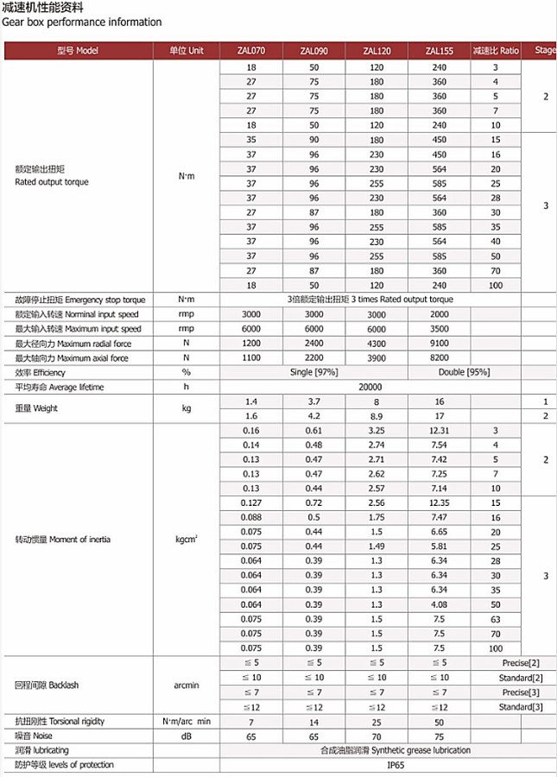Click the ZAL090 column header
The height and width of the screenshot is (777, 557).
(313, 51)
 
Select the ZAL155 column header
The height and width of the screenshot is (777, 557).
(440, 51)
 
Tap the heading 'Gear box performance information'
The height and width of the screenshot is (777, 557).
(82, 22)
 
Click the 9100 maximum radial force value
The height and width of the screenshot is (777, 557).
(440, 344)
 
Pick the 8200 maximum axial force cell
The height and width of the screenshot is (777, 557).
(440, 357)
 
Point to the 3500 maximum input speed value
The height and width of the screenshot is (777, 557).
(440, 329)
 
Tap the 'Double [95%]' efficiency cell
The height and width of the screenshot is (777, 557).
(466, 372)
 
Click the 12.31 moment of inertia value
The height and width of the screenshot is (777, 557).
(440, 430)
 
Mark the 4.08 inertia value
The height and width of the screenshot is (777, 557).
(440, 604)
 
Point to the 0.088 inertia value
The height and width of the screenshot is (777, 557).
(251, 517)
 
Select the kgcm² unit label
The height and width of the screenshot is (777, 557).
(187, 540)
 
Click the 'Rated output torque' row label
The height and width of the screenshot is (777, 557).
(52, 182)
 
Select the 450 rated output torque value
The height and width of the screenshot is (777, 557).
(440, 140)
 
